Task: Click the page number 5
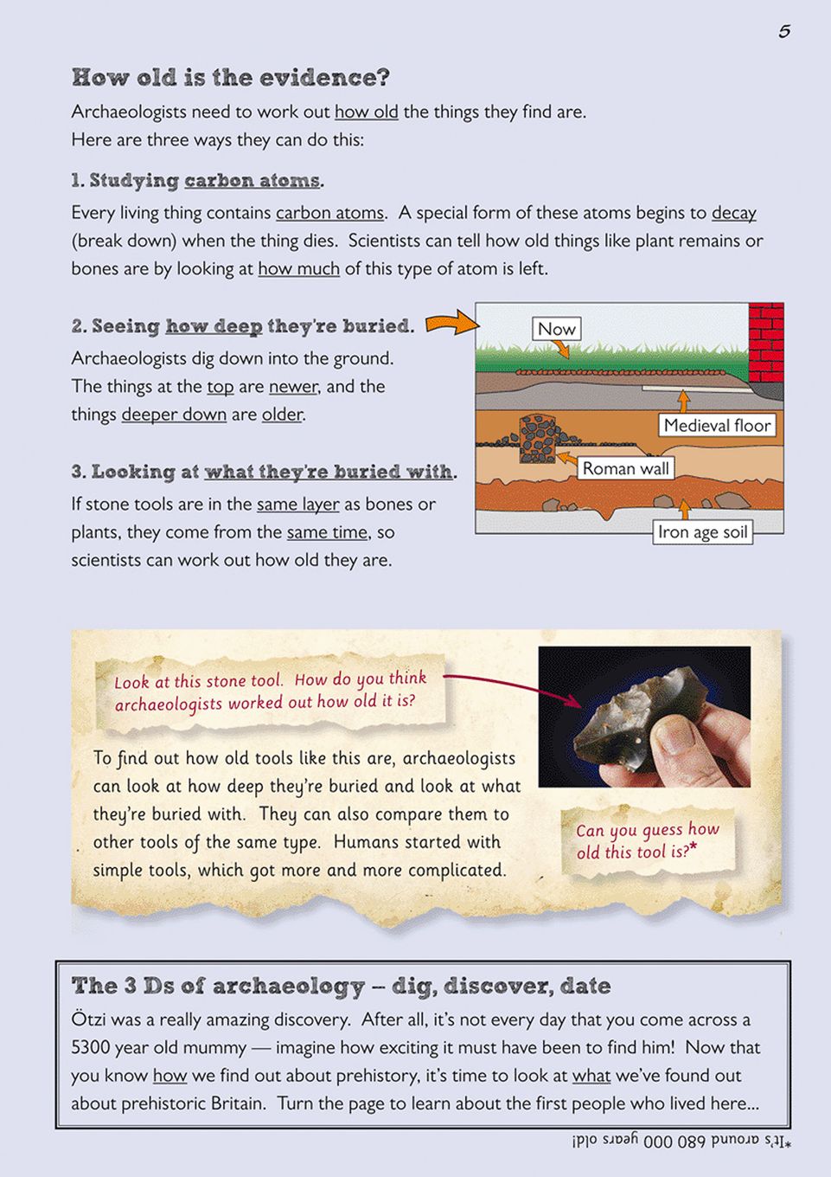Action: [x=784, y=31]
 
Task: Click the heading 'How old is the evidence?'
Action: [x=231, y=77]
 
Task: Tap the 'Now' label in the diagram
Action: [x=556, y=329]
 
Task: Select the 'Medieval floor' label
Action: [x=717, y=425]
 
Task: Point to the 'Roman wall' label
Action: [x=626, y=468]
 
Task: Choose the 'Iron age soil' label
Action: [x=702, y=532]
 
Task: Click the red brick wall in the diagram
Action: [x=766, y=343]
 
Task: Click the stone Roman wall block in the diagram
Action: [x=538, y=439]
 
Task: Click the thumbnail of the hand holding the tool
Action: [x=644, y=717]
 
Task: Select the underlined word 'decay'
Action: [x=734, y=213]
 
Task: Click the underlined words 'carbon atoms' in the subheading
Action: [x=252, y=180]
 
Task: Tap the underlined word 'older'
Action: [x=283, y=414]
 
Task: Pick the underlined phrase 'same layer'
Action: [x=297, y=504]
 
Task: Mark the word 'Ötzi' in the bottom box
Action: [x=89, y=1019]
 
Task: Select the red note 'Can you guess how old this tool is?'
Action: [x=648, y=840]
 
